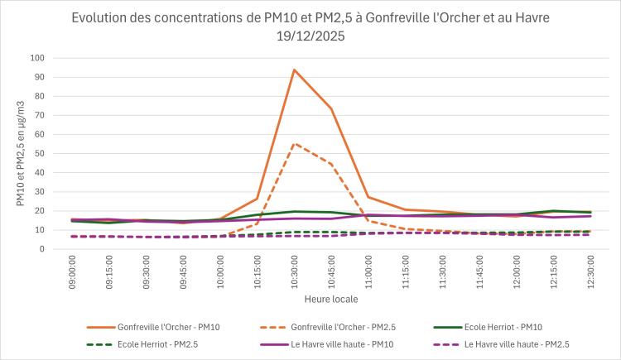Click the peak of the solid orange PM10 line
(x=294, y=70)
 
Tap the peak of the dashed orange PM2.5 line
(x=294, y=143)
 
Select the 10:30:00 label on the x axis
(x=294, y=270)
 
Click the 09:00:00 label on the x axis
(x=74, y=270)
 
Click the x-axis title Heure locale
(x=330, y=297)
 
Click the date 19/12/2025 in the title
(x=310, y=36)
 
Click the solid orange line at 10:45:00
(x=331, y=108)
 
